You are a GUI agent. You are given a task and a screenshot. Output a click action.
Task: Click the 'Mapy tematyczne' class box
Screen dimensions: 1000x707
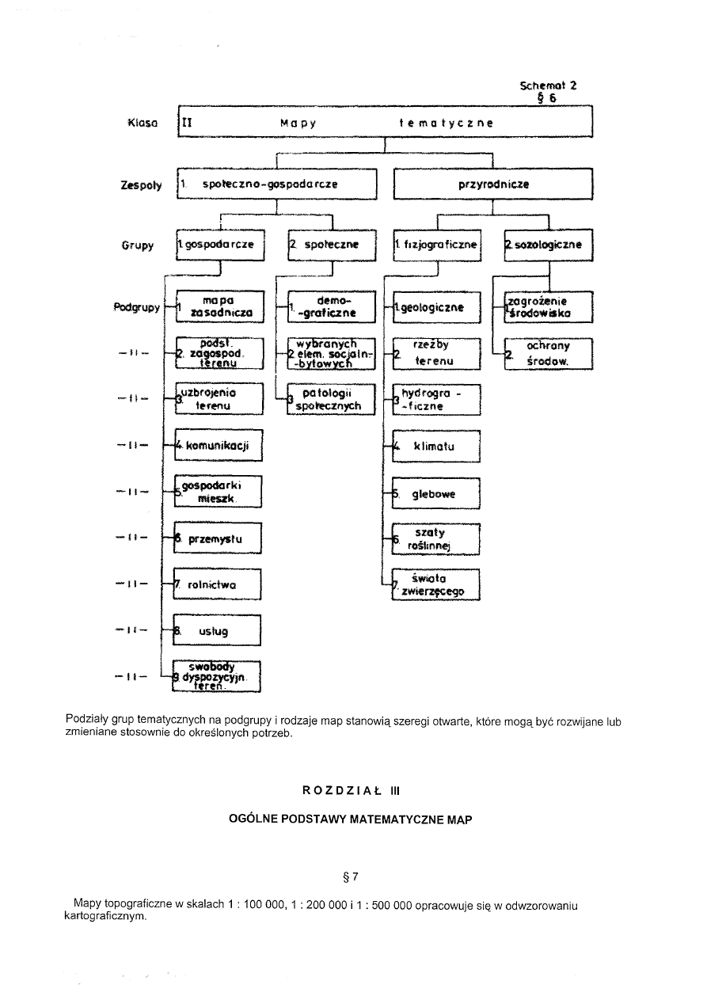386,124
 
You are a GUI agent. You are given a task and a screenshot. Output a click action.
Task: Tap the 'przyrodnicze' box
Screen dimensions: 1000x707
492,184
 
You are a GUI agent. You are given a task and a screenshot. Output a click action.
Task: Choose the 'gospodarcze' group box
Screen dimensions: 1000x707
219,245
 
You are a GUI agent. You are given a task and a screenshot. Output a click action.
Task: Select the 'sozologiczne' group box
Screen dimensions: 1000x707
548,245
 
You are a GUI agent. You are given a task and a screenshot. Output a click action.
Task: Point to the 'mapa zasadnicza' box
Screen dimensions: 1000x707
218,307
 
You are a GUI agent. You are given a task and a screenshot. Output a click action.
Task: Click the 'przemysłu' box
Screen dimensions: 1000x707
218,539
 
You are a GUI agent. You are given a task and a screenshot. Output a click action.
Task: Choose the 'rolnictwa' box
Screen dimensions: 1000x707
218,585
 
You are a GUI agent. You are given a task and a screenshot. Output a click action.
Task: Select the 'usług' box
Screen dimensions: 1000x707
218,631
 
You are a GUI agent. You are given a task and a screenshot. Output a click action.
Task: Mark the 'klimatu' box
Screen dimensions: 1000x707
436,446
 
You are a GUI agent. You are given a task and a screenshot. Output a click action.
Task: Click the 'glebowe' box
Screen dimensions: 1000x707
436,493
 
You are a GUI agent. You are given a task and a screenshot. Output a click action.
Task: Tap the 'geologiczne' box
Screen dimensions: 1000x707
436,307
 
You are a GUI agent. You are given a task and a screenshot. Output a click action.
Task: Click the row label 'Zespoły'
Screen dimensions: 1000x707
143,185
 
